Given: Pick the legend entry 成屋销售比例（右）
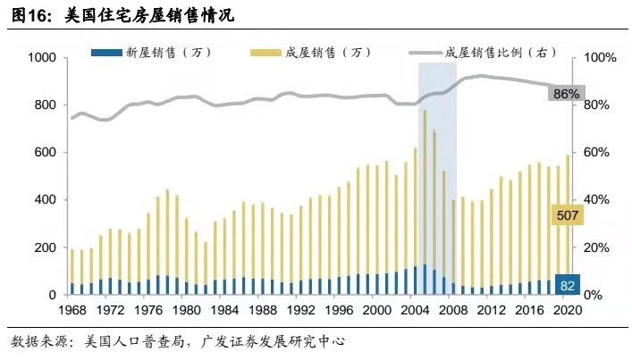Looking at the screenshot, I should (x=501, y=52).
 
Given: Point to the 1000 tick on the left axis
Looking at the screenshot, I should (x=42, y=58).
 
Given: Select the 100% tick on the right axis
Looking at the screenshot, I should (x=600, y=58).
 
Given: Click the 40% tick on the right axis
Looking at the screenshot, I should (x=596, y=200).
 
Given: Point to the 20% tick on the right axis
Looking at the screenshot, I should (x=596, y=247).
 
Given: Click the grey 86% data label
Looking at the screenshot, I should (x=567, y=94).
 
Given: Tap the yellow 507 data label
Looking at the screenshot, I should (x=568, y=216).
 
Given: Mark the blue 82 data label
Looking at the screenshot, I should (x=568, y=285).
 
